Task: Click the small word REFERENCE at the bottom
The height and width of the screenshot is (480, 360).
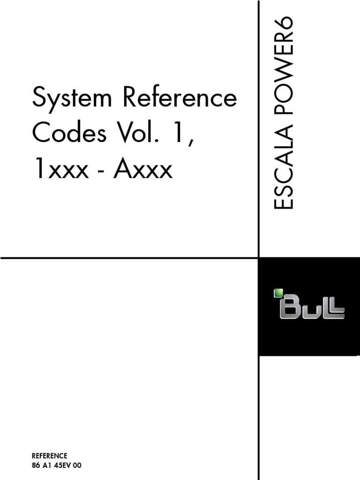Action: click(49, 456)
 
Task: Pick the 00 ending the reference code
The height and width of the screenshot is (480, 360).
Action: click(77, 465)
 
